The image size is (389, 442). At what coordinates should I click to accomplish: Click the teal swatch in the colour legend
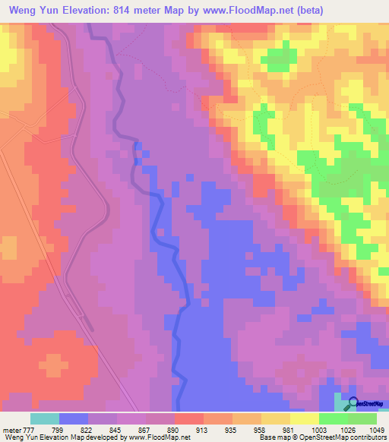pos(45,418)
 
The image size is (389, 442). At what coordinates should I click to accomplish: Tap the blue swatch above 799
pos(74,418)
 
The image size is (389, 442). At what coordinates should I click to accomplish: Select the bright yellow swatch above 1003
pos(304,418)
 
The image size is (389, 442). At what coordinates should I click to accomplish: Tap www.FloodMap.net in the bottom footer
pos(157,437)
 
